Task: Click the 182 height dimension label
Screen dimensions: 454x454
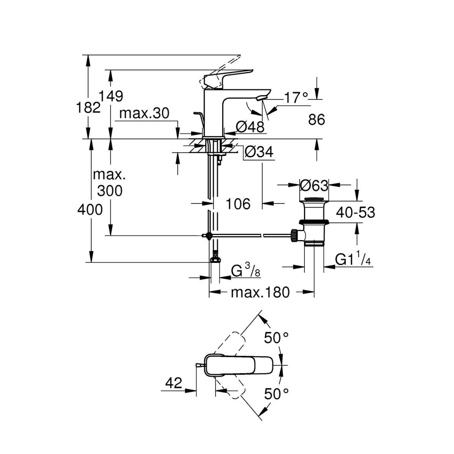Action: (88, 108)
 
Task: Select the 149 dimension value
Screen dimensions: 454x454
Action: (111, 96)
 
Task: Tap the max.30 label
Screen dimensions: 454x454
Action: (144, 113)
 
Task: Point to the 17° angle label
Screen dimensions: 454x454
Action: (296, 98)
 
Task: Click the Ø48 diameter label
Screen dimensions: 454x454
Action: (250, 127)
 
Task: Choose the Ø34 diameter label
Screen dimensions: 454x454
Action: (259, 152)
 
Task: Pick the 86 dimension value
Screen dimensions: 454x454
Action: (316, 119)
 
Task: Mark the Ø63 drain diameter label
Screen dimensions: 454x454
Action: (314, 186)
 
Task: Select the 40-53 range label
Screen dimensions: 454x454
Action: (355, 212)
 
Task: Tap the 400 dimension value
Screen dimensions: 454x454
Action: (90, 210)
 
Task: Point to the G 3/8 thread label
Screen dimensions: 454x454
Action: (246, 271)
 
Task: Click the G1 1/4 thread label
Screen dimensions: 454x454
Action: (353, 259)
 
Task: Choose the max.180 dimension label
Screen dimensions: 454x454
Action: (260, 292)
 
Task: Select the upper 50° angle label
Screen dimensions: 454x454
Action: (276, 338)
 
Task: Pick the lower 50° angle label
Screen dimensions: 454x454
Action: (276, 394)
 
